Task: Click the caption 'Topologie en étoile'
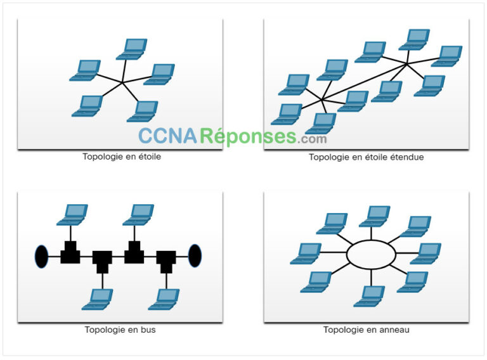click(x=122, y=156)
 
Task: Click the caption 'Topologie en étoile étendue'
click(x=367, y=157)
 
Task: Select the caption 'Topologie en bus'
click(x=120, y=330)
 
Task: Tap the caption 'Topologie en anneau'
click(x=367, y=330)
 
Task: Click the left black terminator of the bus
click(x=41, y=256)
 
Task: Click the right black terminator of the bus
click(x=195, y=255)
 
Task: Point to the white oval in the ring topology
click(x=371, y=254)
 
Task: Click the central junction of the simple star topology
click(x=123, y=82)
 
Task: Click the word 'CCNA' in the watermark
click(x=169, y=136)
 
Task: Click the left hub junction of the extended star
click(x=323, y=100)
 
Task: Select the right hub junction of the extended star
click(x=407, y=63)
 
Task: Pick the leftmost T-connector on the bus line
click(x=70, y=253)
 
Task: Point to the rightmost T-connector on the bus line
click(x=166, y=260)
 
